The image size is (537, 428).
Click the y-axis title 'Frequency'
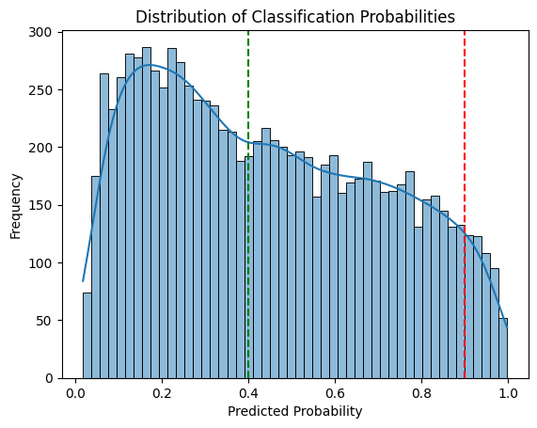(16, 205)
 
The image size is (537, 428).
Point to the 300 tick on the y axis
(44, 33)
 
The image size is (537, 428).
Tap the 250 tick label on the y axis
(44, 90)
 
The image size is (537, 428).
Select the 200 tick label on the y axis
(44, 148)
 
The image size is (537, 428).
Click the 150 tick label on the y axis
(44, 205)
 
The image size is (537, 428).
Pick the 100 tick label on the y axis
(44, 262)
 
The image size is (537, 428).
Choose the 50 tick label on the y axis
(48, 321)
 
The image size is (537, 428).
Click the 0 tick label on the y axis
(51, 378)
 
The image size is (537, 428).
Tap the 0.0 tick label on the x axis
(75, 392)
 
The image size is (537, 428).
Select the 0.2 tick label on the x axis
(162, 392)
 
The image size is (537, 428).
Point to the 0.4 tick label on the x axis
(248, 392)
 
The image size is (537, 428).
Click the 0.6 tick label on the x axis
(335, 392)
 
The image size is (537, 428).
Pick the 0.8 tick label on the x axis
(421, 392)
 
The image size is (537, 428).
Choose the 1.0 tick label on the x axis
(508, 392)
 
